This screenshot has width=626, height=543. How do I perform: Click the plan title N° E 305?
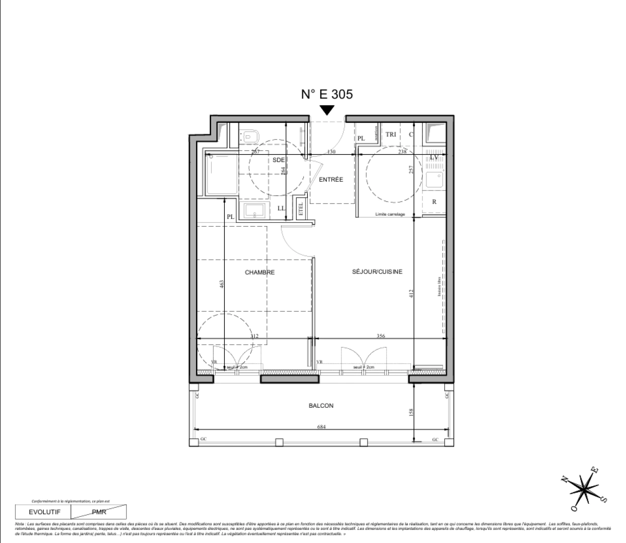[327, 94]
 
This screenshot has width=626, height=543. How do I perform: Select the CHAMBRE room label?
[259, 273]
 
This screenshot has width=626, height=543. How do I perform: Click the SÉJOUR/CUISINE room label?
[377, 271]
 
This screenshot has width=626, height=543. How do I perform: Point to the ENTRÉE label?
[331, 179]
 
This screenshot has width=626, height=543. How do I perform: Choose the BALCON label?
[321, 406]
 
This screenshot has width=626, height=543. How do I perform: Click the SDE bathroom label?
[279, 160]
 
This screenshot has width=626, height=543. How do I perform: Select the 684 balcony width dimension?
[322, 427]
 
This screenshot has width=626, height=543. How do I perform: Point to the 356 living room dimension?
[381, 336]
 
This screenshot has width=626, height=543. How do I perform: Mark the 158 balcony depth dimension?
[411, 412]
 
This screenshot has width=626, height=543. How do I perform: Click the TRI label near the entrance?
[391, 135]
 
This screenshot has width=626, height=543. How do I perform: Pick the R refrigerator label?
[434, 202]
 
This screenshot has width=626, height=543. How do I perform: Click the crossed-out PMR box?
[99, 512]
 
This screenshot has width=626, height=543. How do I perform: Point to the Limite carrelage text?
[390, 214]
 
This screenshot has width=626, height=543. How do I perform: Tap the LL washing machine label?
[281, 208]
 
